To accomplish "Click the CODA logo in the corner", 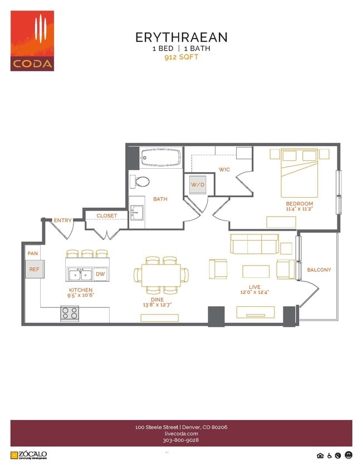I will tap(32, 41).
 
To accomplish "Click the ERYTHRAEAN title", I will tap(181, 37).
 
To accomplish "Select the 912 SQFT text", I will tap(181, 57).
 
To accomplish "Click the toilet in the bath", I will tap(140, 182).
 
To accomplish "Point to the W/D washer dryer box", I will tap(198, 184).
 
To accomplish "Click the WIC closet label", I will tap(224, 169).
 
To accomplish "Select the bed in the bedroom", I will tap(300, 172).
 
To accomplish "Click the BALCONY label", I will tap(319, 270).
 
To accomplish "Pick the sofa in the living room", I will tap(254, 244).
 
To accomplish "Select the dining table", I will tap(161, 274).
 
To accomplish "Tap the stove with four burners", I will tap(70, 314).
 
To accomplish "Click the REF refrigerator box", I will tap(35, 270).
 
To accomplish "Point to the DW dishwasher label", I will tap(100, 274).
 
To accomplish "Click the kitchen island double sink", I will tap(80, 274).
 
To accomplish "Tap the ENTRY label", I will tap(62, 221).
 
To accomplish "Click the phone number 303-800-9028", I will tap(181, 440).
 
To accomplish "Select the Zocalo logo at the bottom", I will tap(29, 455).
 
